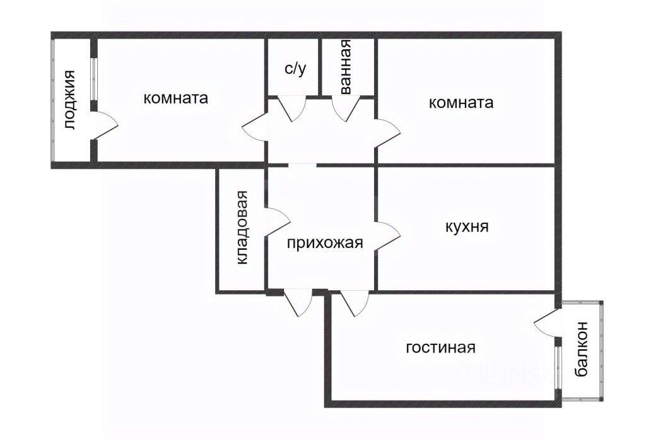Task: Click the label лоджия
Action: (x=70, y=100)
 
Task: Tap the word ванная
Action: (x=345, y=67)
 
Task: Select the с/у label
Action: (x=295, y=69)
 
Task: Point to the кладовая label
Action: (x=242, y=227)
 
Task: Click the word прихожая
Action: (x=325, y=243)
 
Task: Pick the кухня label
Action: (x=467, y=226)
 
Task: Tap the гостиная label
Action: (x=440, y=348)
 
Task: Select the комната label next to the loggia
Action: (x=175, y=98)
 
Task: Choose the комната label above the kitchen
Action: (x=461, y=102)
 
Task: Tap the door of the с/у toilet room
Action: (x=291, y=108)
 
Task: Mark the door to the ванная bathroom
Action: (x=346, y=108)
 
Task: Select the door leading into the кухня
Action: (x=388, y=235)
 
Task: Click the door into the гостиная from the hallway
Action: (x=355, y=303)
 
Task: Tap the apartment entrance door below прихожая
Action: (x=298, y=303)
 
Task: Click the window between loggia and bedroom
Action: (x=94, y=79)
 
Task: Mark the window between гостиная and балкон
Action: (x=558, y=368)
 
